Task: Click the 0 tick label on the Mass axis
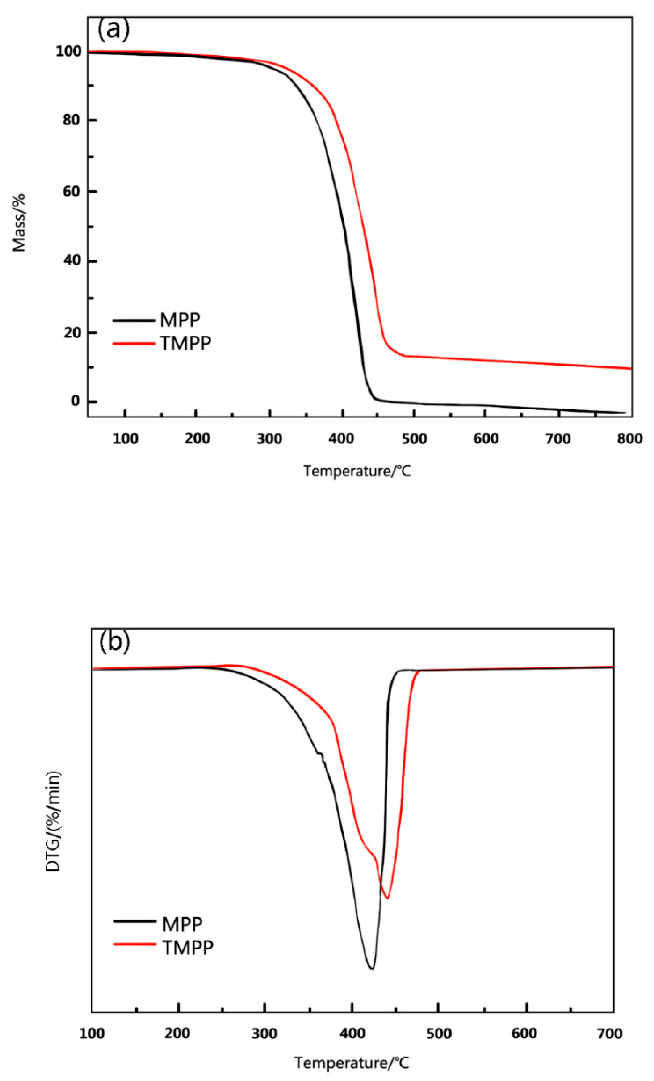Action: pyautogui.click(x=76, y=401)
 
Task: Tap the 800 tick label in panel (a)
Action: pyautogui.click(x=629, y=438)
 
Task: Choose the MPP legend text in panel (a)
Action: pyautogui.click(x=180, y=320)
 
